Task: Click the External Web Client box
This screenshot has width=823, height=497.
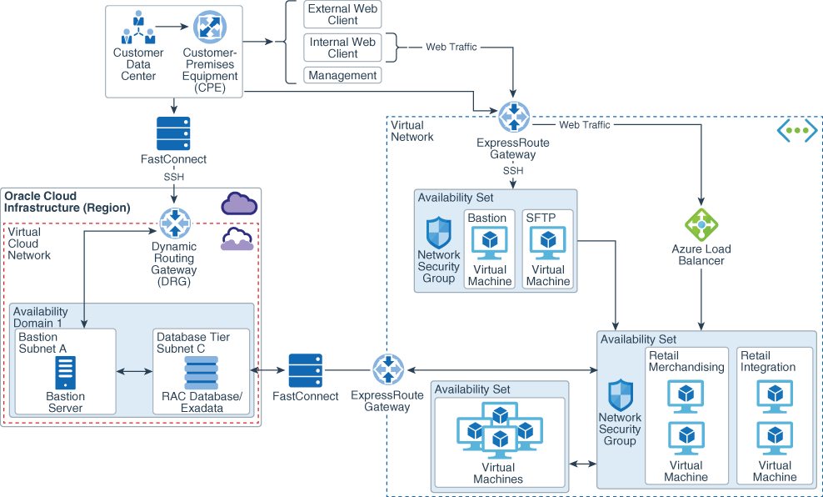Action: coord(342,14)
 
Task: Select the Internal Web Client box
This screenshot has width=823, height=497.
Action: coord(342,48)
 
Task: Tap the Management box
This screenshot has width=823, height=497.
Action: coord(342,75)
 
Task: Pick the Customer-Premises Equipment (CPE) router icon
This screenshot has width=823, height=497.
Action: coord(209,28)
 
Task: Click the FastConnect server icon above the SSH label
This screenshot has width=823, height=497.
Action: coord(173,133)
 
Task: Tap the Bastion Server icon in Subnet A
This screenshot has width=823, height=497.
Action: coord(65,372)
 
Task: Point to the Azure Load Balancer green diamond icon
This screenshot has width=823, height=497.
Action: coord(701,225)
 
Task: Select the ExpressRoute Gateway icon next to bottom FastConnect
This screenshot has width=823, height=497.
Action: coord(387,369)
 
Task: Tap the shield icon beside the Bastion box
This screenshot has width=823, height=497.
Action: coord(438,232)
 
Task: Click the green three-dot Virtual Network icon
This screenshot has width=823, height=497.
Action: coord(796,130)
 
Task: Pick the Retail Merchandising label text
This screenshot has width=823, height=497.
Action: coord(686,361)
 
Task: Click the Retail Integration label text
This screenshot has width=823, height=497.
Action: coord(767,361)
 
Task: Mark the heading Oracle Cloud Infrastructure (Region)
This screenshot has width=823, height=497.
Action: coord(67,202)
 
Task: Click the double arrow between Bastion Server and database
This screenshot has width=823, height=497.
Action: coord(134,370)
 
